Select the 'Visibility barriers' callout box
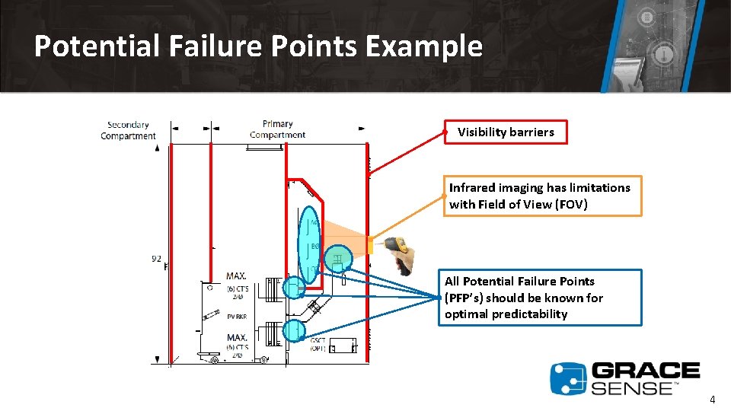506,132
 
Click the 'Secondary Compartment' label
128,130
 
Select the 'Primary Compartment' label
277,129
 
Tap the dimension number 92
156,259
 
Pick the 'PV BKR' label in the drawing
237,316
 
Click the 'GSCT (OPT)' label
318,344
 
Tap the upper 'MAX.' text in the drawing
237,276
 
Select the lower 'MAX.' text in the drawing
237,336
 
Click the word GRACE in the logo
646,371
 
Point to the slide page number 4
712,399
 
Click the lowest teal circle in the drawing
293,330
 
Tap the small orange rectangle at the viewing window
370,246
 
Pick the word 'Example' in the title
423,46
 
